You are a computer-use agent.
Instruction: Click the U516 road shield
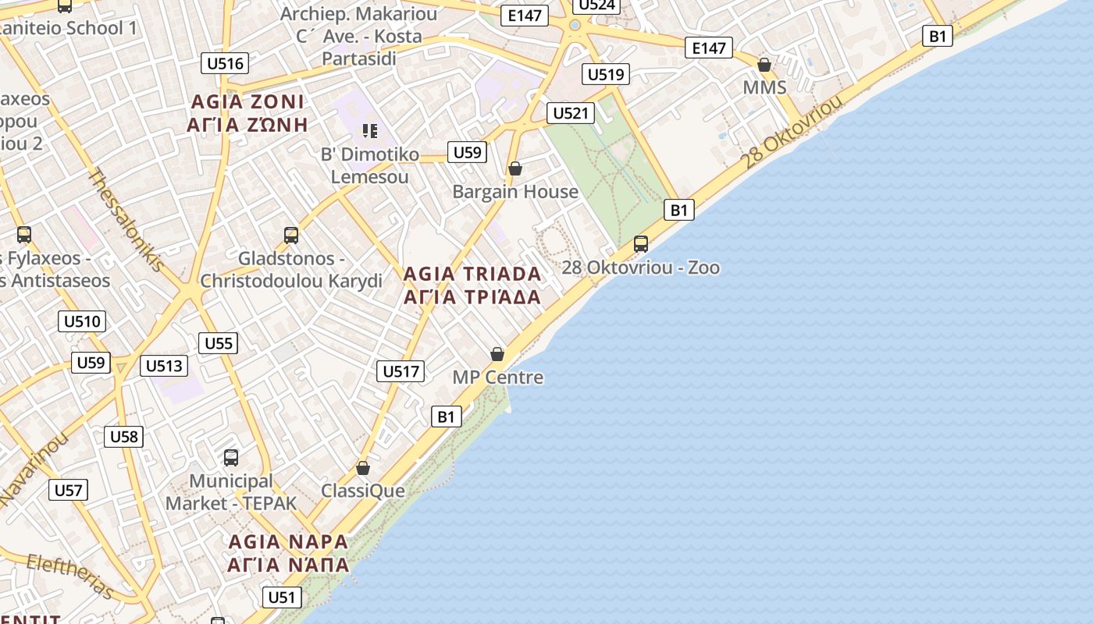click(x=225, y=63)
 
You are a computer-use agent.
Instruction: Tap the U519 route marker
click(x=606, y=74)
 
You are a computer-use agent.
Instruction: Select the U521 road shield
click(x=570, y=113)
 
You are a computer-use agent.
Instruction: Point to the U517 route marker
click(x=401, y=371)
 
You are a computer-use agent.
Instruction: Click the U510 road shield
click(x=82, y=321)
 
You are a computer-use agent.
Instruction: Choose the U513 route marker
click(x=164, y=366)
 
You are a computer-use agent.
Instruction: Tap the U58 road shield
click(x=124, y=436)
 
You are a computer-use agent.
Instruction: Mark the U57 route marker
click(x=68, y=490)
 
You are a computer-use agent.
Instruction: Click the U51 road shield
click(x=281, y=597)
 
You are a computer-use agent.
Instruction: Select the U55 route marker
click(x=219, y=343)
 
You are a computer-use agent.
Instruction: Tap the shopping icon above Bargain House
click(x=515, y=168)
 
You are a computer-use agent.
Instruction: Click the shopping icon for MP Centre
click(x=497, y=354)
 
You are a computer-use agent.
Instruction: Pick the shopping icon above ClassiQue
click(x=363, y=468)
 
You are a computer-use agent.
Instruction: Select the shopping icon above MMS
click(x=764, y=65)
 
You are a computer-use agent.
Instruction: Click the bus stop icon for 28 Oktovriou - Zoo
click(x=641, y=244)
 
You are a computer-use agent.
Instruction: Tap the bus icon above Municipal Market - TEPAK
click(x=231, y=458)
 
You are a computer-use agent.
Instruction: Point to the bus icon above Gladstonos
click(x=291, y=235)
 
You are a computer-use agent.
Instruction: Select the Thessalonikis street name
click(x=126, y=220)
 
